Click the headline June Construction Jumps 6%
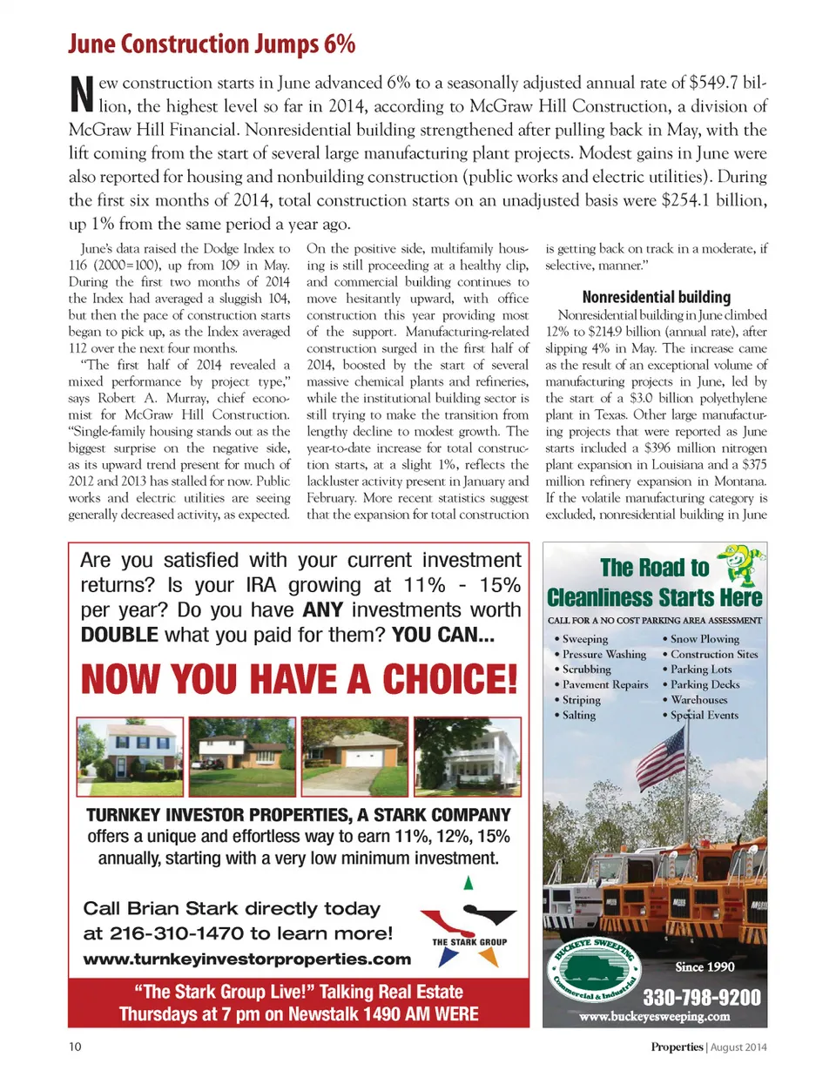point(212,44)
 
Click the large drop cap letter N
point(81,94)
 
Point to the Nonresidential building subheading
point(656,297)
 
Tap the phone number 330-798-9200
point(701,997)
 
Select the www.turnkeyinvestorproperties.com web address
point(246,959)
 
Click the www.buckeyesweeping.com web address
point(654,1016)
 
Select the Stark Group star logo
point(469,932)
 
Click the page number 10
point(75,1047)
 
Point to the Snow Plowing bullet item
point(704,638)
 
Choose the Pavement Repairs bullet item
point(605,684)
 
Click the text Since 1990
point(705,966)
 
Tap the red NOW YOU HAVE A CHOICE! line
point(299,679)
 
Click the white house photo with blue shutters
point(130,756)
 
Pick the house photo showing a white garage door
point(354,756)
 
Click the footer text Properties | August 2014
point(708,1047)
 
